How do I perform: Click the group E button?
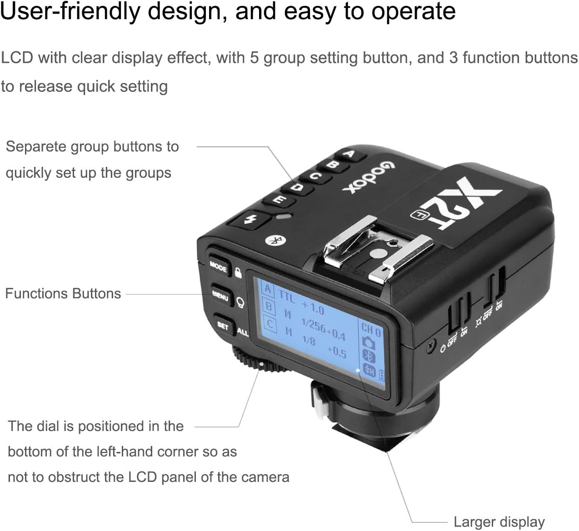280,200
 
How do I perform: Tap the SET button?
223,326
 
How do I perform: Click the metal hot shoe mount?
377,250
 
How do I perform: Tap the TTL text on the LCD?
286,296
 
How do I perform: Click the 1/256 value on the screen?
314,326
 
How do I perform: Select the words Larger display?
499,522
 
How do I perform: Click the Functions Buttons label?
63,293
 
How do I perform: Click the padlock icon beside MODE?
238,273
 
